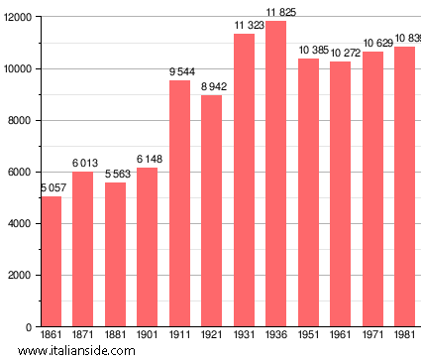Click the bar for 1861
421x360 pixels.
51,261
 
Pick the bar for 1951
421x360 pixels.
308,192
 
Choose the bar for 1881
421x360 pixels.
115,255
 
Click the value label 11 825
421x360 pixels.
280,13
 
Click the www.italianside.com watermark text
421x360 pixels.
76,351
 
